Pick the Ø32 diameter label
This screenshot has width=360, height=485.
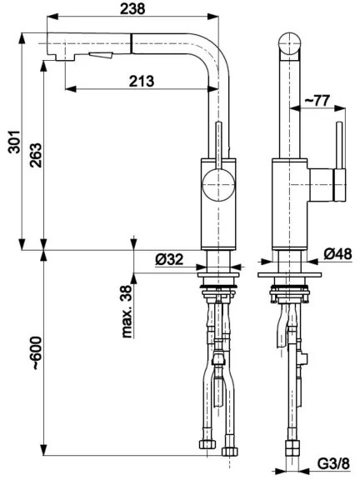[169, 259]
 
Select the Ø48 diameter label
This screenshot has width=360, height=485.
[341, 253]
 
